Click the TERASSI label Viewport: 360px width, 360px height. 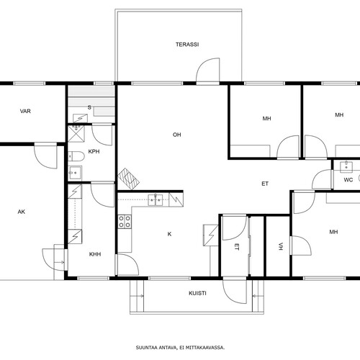point(187,45)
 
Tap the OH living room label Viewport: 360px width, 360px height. point(177,135)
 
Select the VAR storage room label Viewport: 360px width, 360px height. point(25,111)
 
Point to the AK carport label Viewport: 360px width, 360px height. point(22,212)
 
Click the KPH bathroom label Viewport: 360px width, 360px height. point(94,152)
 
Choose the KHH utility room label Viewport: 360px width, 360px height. point(95,254)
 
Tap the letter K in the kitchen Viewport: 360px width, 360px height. point(169,234)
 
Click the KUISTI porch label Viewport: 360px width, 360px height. point(197,293)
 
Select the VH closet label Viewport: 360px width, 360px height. point(281,247)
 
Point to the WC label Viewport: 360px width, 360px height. point(348,180)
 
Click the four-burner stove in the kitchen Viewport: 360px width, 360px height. point(125,222)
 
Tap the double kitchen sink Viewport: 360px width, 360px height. point(156,200)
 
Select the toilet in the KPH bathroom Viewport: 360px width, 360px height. point(76,156)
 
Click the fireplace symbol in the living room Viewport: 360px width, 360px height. point(129,179)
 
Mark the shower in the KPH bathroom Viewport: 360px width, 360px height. point(76,134)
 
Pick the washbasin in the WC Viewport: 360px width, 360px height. point(346,166)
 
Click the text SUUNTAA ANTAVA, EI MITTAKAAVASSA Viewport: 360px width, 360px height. point(180,348)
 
